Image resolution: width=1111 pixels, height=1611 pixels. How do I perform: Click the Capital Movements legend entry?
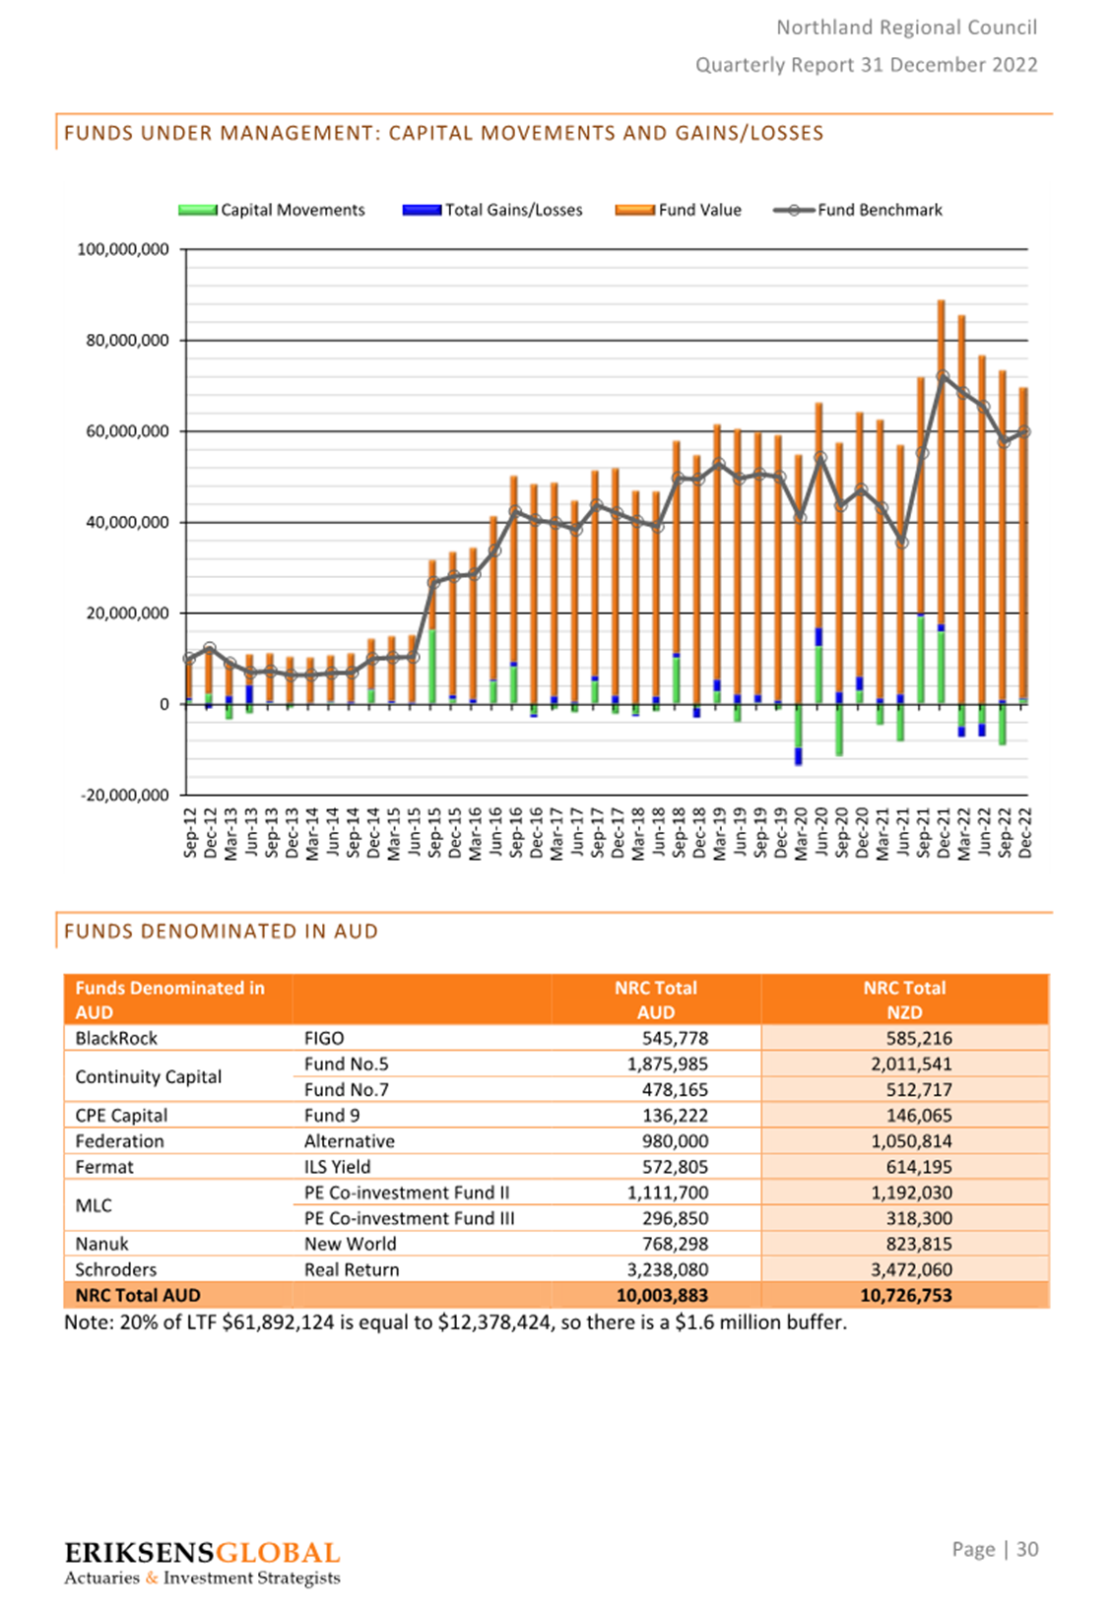click(x=272, y=210)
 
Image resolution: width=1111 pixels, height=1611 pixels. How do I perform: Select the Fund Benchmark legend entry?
click(x=857, y=210)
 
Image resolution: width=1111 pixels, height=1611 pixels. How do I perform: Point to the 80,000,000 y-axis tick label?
click(x=127, y=340)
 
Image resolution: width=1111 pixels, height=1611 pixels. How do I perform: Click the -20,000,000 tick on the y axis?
click(x=125, y=795)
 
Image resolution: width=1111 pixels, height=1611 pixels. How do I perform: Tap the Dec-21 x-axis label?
click(x=945, y=832)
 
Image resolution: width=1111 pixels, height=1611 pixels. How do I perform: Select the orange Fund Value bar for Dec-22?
click(x=1023, y=543)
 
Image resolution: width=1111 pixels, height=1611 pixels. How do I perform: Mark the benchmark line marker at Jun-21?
click(x=901, y=543)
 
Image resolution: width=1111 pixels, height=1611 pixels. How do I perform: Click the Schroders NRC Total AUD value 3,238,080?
click(x=668, y=1269)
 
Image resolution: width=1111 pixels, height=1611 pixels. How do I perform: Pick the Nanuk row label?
click(x=101, y=1244)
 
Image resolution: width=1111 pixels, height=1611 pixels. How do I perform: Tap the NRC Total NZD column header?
click(x=904, y=999)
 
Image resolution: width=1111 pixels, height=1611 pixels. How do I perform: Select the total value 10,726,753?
click(x=906, y=1295)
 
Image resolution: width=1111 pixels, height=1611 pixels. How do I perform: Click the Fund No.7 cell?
click(x=346, y=1089)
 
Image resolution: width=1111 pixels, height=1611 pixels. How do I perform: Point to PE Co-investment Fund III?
click(x=409, y=1218)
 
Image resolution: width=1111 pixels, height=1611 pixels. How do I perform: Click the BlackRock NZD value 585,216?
click(x=919, y=1038)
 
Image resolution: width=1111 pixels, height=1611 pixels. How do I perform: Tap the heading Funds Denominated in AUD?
click(x=221, y=932)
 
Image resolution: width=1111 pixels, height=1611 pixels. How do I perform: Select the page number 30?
click(x=1027, y=1549)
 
